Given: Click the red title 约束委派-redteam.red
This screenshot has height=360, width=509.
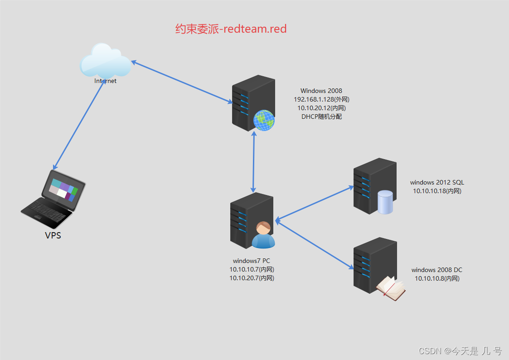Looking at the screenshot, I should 231,29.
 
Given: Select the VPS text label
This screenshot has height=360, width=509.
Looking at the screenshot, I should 53,235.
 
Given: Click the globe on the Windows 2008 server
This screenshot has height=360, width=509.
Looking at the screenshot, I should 264,120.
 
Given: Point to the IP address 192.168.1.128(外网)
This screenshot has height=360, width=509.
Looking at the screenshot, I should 321,99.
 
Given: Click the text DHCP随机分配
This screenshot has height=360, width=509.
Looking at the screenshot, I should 321,117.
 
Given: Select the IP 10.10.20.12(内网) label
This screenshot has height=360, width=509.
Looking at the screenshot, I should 321,108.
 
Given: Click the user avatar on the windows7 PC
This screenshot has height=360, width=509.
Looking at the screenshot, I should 263,235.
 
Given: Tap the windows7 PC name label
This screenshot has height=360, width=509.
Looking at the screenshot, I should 252,261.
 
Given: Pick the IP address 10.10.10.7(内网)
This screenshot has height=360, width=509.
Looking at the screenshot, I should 252,269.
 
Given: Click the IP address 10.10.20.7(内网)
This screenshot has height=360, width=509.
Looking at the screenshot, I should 252,278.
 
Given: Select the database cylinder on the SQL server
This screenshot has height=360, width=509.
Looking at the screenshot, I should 385,202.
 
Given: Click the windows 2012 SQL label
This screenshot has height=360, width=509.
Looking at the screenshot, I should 437,182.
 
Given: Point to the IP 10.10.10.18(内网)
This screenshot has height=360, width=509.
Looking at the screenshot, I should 437,191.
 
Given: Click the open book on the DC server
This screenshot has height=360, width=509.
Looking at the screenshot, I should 391,288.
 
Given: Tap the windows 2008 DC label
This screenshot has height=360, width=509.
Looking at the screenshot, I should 437,270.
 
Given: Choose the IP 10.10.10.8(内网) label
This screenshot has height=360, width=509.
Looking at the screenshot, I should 437,278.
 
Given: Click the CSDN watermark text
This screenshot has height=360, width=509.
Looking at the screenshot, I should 460,350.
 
